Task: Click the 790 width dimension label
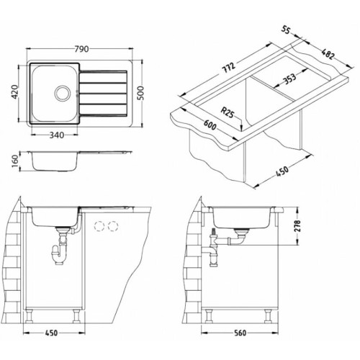[x=81, y=49]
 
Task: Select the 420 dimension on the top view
[x=15, y=92]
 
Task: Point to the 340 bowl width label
[x=57, y=135]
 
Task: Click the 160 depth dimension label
[x=15, y=161]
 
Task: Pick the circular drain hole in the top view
[x=63, y=93]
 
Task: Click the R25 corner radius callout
[x=227, y=112]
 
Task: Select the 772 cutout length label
[x=228, y=68]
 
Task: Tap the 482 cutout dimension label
[x=328, y=54]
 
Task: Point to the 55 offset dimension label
[x=286, y=30]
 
